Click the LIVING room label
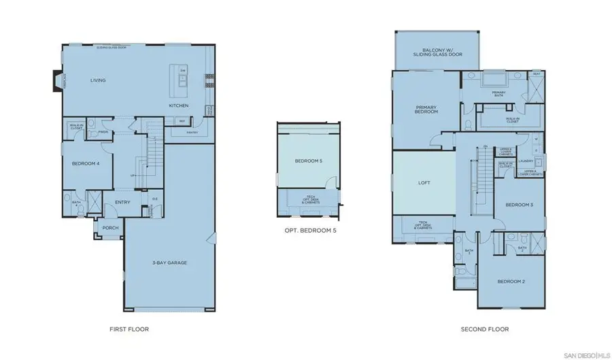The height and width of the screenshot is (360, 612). [x=100, y=80]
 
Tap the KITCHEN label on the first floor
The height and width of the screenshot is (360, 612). [x=179, y=106]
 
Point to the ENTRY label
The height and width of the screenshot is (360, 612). [x=122, y=201]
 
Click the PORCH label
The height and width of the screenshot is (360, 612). [x=109, y=228]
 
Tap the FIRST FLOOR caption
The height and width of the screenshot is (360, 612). [x=129, y=329]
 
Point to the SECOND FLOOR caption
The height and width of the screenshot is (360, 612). [x=483, y=329]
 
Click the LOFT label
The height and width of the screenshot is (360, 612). [x=424, y=183]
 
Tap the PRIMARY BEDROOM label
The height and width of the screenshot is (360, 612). [x=427, y=109]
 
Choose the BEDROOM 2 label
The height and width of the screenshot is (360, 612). [x=511, y=281]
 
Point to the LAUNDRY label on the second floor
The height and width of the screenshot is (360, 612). [x=525, y=161]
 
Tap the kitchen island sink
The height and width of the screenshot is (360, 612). [x=183, y=80]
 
